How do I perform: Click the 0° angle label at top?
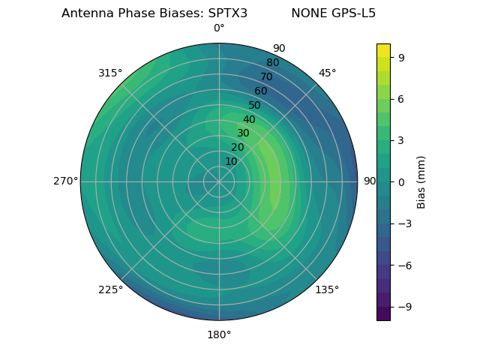(x=219, y=28)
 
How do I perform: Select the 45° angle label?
(x=327, y=73)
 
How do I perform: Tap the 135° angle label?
(x=327, y=289)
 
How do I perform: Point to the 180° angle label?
(x=219, y=334)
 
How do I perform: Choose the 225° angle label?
(x=110, y=289)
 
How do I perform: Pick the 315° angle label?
(x=110, y=73)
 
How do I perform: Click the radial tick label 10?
(x=231, y=161)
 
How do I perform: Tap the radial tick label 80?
(x=272, y=63)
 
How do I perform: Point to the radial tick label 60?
(x=260, y=91)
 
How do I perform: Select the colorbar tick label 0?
(x=402, y=181)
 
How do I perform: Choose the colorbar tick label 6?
(x=402, y=98)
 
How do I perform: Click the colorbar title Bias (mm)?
(x=421, y=181)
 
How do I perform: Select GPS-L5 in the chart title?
(x=355, y=13)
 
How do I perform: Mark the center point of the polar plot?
(x=219, y=181)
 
